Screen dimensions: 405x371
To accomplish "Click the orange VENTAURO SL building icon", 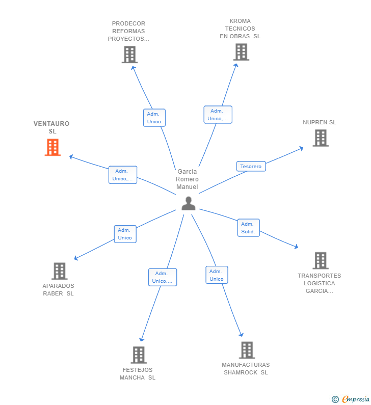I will tap(52, 147).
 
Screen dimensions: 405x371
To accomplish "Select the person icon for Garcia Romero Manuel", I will tap(189, 203).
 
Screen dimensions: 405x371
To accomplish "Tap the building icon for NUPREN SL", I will tap(320, 138).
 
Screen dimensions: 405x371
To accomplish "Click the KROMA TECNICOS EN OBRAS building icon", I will tap(241, 52).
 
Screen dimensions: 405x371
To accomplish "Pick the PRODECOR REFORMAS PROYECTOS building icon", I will tap(129, 55).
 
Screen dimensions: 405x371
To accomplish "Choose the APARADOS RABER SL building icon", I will tap(59, 271).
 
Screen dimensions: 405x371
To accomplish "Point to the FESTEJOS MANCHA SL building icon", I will tap(138, 355).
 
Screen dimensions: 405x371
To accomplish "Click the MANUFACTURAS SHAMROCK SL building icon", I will tap(247, 350).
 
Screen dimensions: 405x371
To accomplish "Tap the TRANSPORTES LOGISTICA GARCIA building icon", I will tap(320, 260).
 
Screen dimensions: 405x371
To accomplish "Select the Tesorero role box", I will tap(251, 166).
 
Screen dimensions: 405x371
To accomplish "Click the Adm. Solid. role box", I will tap(248, 228).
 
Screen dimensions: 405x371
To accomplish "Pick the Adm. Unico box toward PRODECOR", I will tap(154, 118).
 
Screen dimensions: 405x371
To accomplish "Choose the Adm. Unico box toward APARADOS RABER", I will tap(125, 234).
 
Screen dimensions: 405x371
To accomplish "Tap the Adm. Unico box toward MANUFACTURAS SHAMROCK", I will tap(217, 275).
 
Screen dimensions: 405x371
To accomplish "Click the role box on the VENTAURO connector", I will tap(122, 175).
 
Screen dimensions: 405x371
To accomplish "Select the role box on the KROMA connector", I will tap(218, 115).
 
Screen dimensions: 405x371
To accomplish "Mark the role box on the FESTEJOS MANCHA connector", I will tap(163, 277).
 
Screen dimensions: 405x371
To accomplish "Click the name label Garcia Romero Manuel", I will tap(187, 179).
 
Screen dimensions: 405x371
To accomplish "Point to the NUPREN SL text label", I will tap(320, 122).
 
